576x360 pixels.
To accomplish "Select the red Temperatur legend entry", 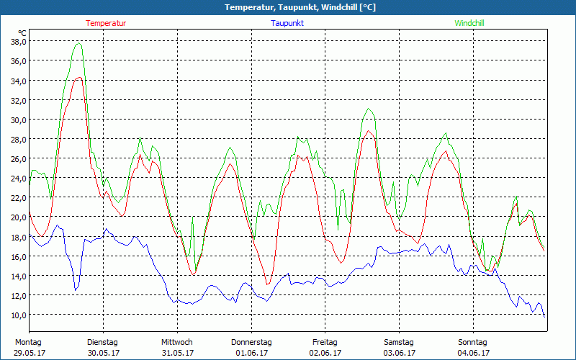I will tap(106, 23).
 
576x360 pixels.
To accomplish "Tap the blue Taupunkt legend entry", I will tap(287, 23).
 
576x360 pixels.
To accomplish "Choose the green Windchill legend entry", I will tap(469, 23).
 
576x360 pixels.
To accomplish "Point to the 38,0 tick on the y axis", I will tap(18, 41).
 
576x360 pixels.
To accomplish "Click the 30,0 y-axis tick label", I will tap(18, 120).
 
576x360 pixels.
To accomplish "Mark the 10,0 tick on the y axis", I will tap(18, 315).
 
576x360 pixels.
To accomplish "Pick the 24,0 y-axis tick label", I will tap(18, 178).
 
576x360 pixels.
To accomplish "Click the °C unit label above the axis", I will tap(22, 32).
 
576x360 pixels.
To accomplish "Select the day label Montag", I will tap(28, 342).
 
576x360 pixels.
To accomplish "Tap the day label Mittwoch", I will tap(176, 342).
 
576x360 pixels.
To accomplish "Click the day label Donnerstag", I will tap(251, 342).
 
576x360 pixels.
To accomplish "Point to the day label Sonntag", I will tap(472, 342).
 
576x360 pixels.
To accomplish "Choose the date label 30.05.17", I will tap(102, 353).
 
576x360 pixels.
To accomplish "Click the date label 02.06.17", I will tap(325, 353).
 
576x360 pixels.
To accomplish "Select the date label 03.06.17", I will tap(399, 353).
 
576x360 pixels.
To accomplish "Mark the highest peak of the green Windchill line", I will tap(78, 43).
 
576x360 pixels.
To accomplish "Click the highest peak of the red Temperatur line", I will tap(79, 77).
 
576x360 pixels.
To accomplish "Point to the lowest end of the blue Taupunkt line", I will tap(544, 317).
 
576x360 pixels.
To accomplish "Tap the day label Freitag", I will tap(325, 342).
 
